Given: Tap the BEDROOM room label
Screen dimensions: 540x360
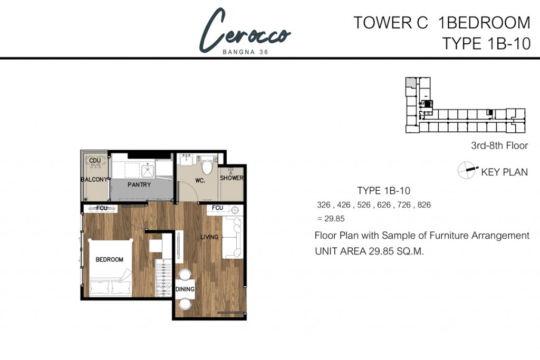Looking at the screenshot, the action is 109,259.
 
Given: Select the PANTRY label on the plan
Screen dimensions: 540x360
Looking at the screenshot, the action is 139,185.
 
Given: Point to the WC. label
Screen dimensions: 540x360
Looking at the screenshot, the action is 200,180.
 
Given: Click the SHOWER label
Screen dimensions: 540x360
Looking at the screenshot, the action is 232,178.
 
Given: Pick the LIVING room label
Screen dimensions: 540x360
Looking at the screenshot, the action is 209,237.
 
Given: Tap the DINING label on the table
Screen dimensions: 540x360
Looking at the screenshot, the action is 185,289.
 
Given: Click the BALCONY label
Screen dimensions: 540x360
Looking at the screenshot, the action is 94,179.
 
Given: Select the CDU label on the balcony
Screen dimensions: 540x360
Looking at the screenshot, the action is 95,160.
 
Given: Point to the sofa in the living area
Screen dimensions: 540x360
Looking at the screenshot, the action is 233,238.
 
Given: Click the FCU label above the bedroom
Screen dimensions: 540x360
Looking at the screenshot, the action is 102,208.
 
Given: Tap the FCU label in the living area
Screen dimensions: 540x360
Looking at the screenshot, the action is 217,208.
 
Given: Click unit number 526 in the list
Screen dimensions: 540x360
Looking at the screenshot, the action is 364,205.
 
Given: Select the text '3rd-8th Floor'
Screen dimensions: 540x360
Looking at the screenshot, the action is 499,145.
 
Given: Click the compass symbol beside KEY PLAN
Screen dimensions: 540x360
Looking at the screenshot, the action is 467,170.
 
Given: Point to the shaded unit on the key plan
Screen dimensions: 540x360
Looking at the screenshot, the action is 410,82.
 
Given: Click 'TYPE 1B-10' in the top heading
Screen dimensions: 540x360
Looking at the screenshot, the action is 486,44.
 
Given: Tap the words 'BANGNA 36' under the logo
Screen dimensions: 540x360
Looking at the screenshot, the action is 245,52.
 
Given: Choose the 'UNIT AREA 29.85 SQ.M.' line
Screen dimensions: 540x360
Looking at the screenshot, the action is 369,251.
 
